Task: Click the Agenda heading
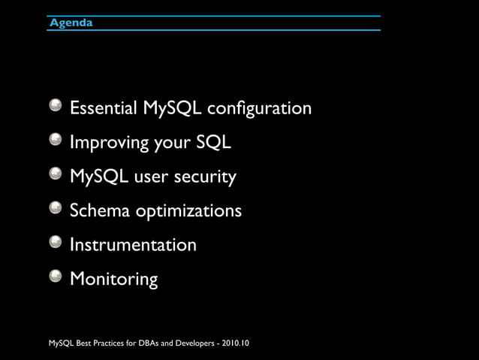pyautogui.click(x=71, y=23)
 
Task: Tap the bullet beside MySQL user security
pyautogui.click(x=56, y=174)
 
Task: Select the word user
pyautogui.click(x=155, y=177)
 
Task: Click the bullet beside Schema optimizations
pyautogui.click(x=56, y=208)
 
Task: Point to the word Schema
pyautogui.click(x=100, y=210)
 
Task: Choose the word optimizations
pyautogui.click(x=188, y=212)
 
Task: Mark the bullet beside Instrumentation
pyautogui.click(x=56, y=242)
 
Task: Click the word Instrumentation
pyautogui.click(x=133, y=245)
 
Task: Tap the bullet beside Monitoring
pyautogui.click(x=56, y=277)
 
